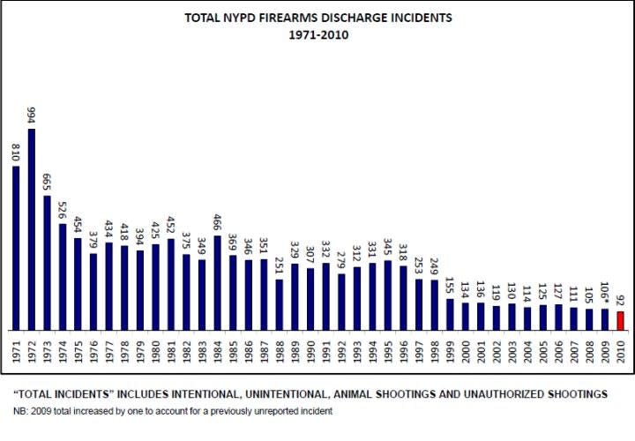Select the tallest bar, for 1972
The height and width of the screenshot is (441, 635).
pyautogui.click(x=32, y=229)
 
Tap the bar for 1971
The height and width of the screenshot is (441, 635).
pyautogui.click(x=16, y=248)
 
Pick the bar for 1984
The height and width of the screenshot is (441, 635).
pyautogui.click(x=217, y=282)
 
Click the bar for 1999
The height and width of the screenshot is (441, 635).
pyautogui.click(x=449, y=314)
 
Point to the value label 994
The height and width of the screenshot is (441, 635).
pyautogui.click(x=32, y=113)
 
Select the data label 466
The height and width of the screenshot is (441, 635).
pyautogui.click(x=217, y=220)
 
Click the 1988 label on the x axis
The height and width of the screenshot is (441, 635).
pyautogui.click(x=280, y=348)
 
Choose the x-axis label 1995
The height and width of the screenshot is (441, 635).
pyautogui.click(x=387, y=348)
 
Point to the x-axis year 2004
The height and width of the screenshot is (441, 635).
pyautogui.click(x=527, y=348)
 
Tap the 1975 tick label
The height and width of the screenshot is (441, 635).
pyautogui.click(x=78, y=348)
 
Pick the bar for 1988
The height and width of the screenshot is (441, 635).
pyautogui.click(x=280, y=304)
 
